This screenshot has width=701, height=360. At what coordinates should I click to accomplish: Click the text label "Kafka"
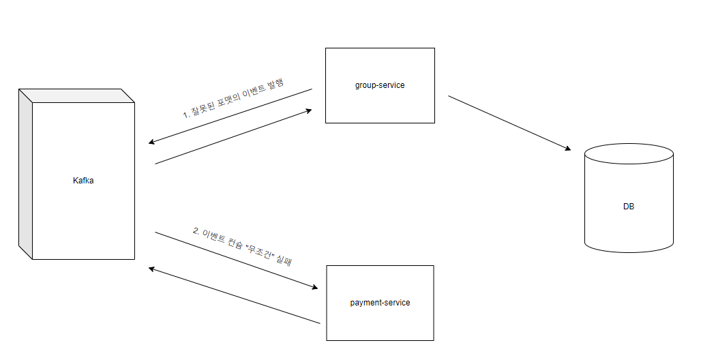pyautogui.click(x=83, y=181)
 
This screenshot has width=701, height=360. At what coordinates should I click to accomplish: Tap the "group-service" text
pyautogui.click(x=380, y=85)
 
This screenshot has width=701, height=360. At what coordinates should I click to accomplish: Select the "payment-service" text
pyautogui.click(x=380, y=302)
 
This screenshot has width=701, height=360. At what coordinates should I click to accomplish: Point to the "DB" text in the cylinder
pyautogui.click(x=628, y=206)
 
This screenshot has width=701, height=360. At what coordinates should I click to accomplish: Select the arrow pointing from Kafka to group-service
pyautogui.click(x=232, y=136)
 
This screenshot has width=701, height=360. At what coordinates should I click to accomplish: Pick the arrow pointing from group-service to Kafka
pyautogui.click(x=232, y=115)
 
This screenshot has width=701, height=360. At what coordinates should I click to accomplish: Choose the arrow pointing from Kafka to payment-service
pyautogui.click(x=235, y=260)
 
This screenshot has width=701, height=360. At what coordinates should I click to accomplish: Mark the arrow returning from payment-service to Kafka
pyautogui.click(x=235, y=296)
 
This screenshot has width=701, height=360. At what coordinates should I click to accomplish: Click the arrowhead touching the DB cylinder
pyautogui.click(x=566, y=148)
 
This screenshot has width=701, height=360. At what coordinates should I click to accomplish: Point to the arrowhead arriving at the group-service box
pyautogui.click(x=308, y=110)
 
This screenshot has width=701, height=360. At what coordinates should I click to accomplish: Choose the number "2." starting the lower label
pyautogui.click(x=196, y=231)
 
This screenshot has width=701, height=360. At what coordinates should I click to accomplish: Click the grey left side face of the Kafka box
pyautogui.click(x=25, y=174)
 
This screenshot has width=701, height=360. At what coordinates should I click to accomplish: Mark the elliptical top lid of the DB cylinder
pyautogui.click(x=629, y=153)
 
